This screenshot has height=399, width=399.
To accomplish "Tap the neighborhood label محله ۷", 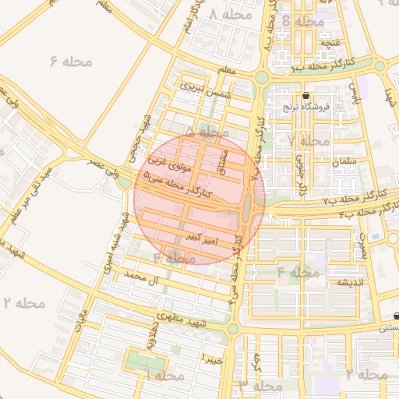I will click(308, 141).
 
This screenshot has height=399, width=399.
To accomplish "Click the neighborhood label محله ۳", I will click(261, 386).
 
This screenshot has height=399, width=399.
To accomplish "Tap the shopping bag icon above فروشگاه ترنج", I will click(305, 95).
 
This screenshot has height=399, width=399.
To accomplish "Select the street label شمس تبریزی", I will click(201, 88).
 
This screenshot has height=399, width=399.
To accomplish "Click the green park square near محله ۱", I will click(141, 362).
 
